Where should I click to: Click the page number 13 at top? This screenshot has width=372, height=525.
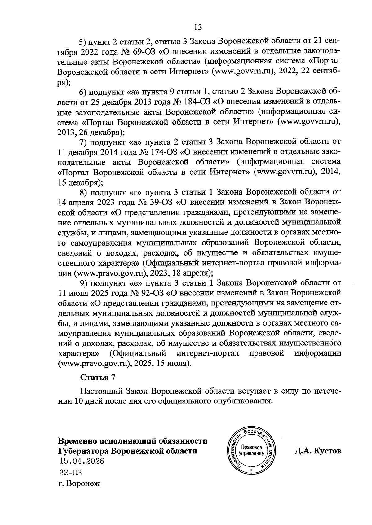coord(198,28)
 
